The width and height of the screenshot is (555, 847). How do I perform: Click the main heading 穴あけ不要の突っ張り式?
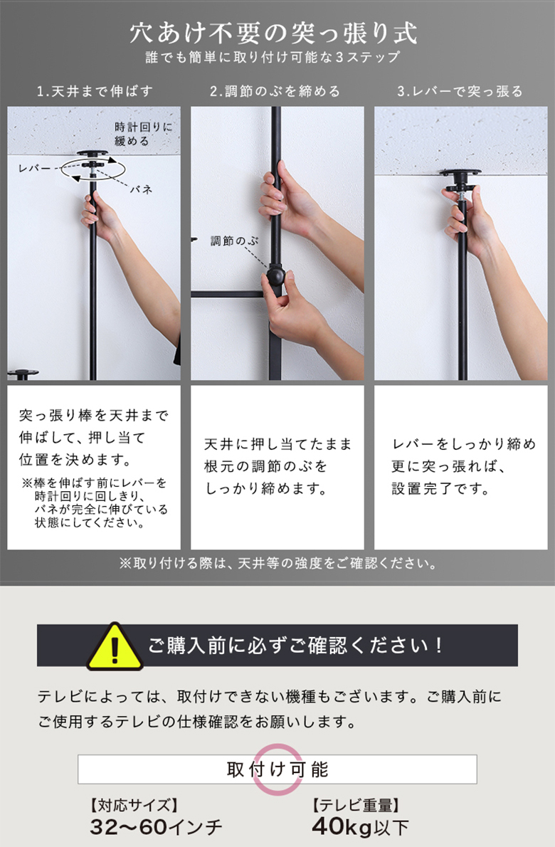click(274, 33)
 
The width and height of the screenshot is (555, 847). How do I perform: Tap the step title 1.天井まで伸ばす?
click(95, 91)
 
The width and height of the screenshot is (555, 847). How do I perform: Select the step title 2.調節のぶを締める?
click(275, 91)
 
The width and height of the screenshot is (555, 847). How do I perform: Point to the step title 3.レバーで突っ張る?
click(460, 91)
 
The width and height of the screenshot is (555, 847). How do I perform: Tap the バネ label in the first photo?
click(141, 189)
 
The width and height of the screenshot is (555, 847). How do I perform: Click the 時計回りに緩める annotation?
click(143, 134)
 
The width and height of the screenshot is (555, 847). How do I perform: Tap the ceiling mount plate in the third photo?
click(460, 173)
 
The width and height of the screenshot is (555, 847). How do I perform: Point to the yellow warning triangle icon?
click(115, 646)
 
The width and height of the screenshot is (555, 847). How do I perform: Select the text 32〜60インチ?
click(156, 826)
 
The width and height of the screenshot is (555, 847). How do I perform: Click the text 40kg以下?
click(360, 826)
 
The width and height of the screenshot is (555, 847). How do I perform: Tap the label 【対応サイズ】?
click(134, 805)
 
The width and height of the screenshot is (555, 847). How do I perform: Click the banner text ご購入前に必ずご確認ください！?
click(296, 646)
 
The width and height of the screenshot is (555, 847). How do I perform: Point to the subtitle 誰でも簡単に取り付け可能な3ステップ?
click(273, 57)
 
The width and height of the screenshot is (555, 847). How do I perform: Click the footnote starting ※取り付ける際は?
click(277, 564)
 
